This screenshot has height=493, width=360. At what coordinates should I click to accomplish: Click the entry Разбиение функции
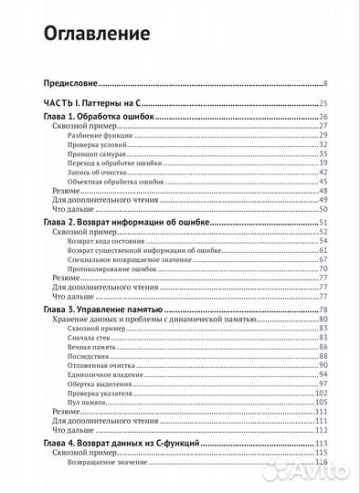click(101, 135)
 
